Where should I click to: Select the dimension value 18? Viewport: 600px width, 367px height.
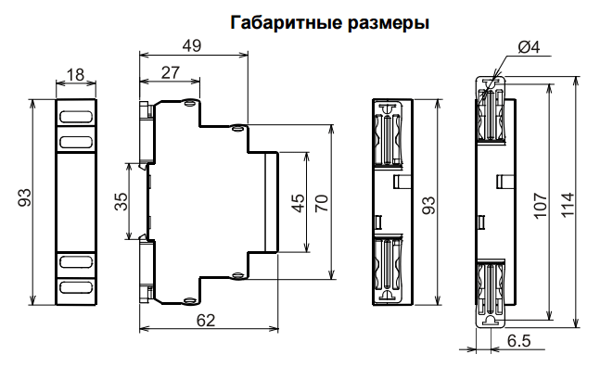(x=76, y=74)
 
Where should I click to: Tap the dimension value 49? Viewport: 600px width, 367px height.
(x=192, y=46)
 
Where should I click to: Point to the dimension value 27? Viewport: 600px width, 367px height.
(x=171, y=73)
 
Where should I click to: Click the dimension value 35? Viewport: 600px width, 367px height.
(x=121, y=202)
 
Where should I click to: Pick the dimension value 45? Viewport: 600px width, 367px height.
(x=298, y=202)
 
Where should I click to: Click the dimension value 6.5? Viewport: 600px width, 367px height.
(x=518, y=341)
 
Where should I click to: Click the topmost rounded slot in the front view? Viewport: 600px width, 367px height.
(x=76, y=119)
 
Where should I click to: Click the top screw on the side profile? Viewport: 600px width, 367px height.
(x=189, y=104)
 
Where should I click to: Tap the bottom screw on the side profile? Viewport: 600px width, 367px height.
(x=189, y=299)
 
